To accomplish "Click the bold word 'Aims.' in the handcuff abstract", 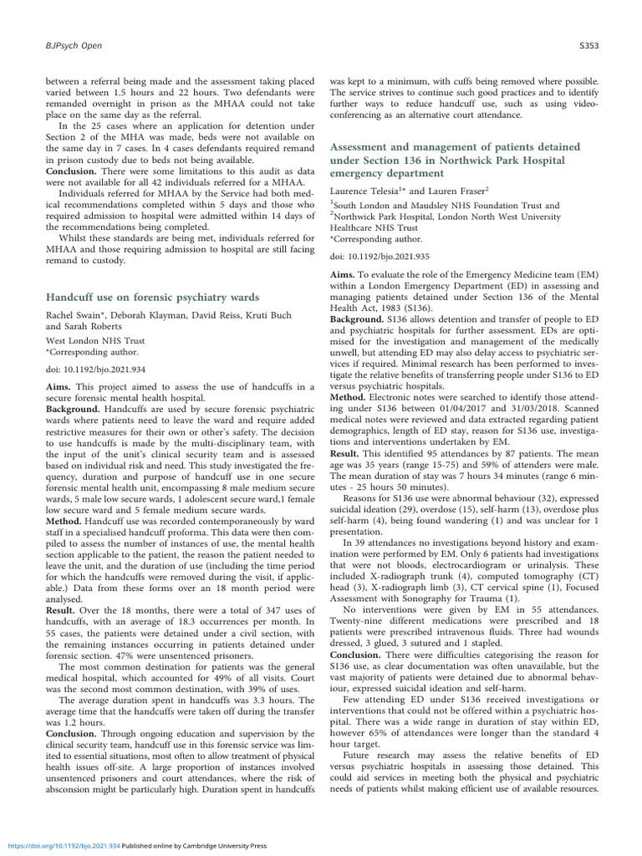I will (x=60, y=386).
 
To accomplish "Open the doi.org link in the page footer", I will (x=59, y=846).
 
